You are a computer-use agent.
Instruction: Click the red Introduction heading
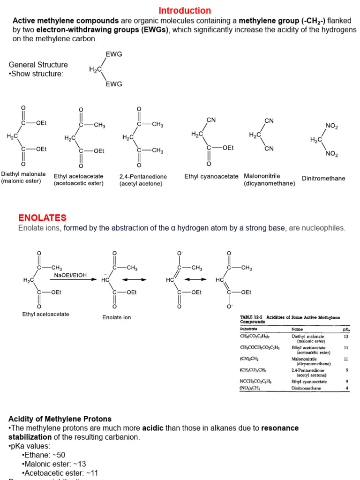point(185,10)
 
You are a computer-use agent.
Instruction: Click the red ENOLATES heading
point(42,217)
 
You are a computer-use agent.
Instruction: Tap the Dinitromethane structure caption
point(323,179)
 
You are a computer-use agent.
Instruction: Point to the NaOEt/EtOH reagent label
point(70,275)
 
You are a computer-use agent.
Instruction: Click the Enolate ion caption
point(117,317)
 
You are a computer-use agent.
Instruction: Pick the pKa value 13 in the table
point(345,336)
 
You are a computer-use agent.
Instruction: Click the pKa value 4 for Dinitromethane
point(346,388)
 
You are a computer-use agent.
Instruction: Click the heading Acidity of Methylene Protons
point(60,419)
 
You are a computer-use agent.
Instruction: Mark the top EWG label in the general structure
point(113,54)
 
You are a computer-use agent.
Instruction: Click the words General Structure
point(38,65)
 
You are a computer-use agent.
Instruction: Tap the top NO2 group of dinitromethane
point(331,127)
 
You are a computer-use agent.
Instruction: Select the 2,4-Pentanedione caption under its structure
point(143,177)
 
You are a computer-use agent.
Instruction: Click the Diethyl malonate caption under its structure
point(23,174)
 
